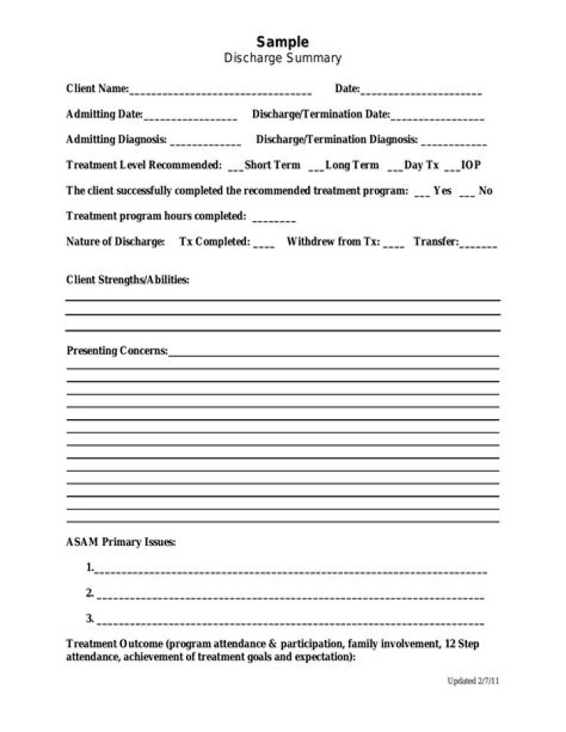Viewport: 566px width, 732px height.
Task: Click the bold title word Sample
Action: [283, 42]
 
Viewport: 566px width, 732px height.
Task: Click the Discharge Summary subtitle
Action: [283, 58]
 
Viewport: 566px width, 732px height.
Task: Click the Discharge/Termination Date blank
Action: [437, 116]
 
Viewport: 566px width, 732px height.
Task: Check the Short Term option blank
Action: [235, 167]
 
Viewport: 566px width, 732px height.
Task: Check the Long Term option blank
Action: [316, 167]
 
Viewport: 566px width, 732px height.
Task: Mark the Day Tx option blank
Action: [395, 167]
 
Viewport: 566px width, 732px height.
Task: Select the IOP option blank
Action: [451, 167]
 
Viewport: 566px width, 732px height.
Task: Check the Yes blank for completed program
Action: [421, 193]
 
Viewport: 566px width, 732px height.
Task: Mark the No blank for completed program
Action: [467, 193]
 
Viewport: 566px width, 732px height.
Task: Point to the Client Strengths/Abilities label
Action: [127, 280]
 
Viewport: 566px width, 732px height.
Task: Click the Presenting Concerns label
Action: [116, 351]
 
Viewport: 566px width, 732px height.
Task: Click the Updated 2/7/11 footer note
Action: [473, 681]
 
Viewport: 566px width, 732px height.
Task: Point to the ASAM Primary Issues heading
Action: [121, 543]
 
